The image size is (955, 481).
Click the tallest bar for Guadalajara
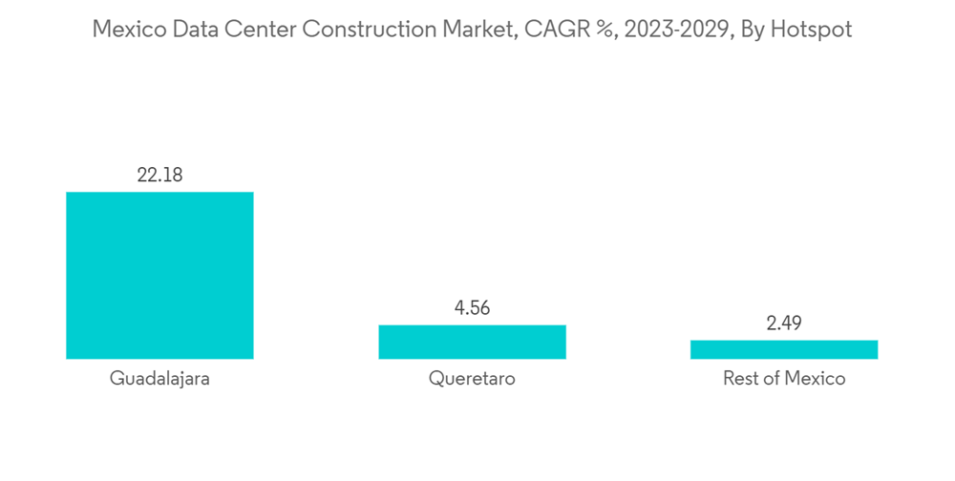coord(159,275)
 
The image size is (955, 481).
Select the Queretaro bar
coord(472,342)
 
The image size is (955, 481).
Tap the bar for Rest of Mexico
coord(783,349)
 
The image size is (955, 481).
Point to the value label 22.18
coord(159,175)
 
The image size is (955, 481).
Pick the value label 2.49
coord(783,323)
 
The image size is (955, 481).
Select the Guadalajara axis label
coord(159,379)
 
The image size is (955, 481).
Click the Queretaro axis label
coord(472,379)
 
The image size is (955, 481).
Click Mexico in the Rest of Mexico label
coord(815,379)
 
